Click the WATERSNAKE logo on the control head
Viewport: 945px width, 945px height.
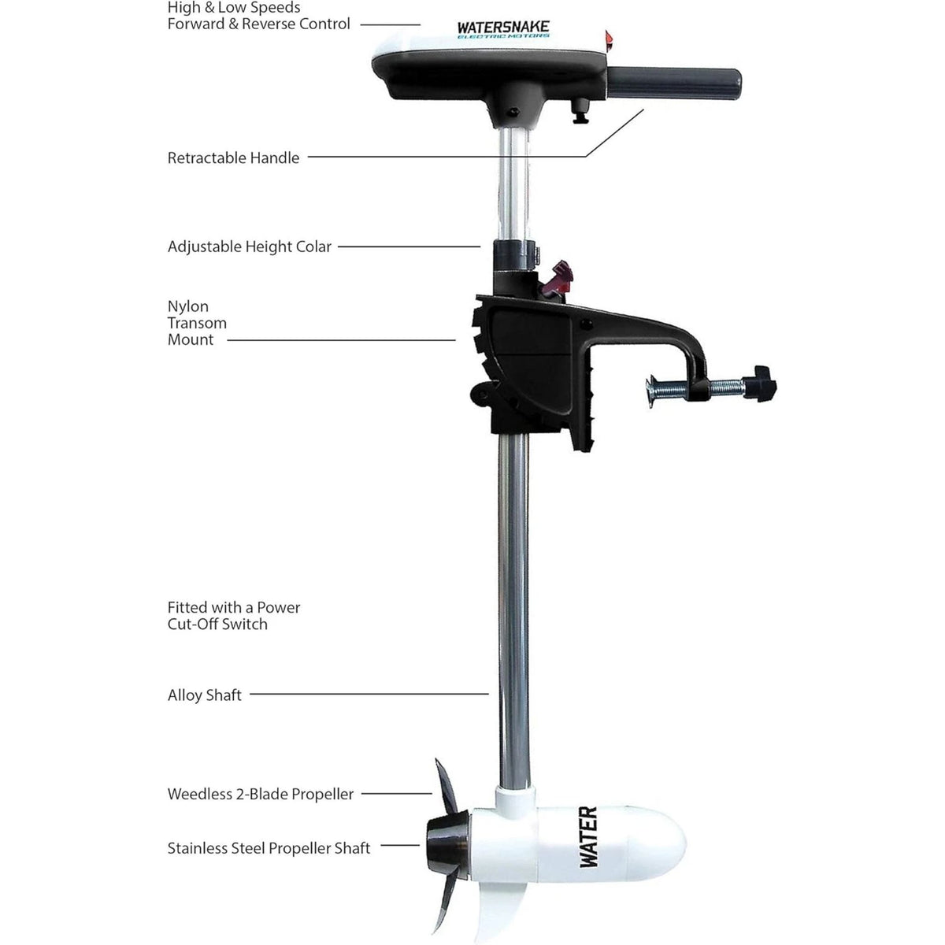click(503, 28)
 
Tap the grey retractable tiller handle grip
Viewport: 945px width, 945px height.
click(674, 83)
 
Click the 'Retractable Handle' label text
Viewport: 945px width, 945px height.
click(233, 158)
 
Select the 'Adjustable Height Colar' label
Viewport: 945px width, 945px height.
click(250, 246)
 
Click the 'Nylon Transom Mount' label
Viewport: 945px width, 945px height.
click(197, 323)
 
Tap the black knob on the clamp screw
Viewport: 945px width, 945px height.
click(760, 384)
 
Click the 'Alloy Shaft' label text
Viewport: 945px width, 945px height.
click(205, 695)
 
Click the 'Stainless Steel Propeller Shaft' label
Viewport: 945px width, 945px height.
click(269, 848)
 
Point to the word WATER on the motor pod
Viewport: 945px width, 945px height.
click(588, 837)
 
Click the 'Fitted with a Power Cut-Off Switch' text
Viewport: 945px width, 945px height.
click(234, 616)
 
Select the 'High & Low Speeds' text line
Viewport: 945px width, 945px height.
click(234, 7)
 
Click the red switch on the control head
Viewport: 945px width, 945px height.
click(609, 41)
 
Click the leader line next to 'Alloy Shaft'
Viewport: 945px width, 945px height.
click(369, 694)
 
